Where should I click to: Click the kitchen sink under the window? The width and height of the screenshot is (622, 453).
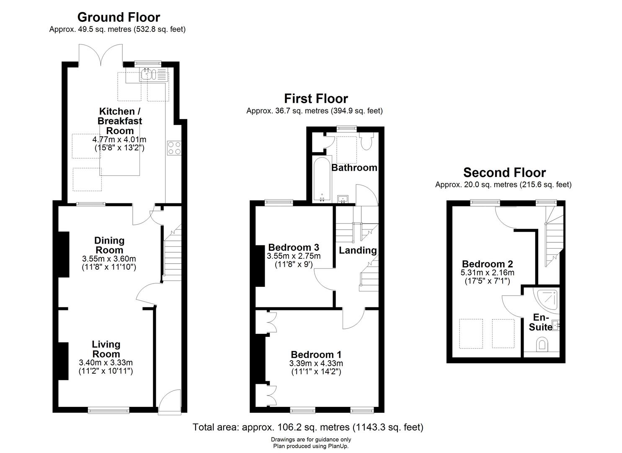(x=154, y=75)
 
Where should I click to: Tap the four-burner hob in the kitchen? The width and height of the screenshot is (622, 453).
(x=174, y=148)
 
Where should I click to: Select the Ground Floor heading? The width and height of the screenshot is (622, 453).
(x=119, y=17)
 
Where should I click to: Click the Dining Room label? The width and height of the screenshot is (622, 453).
(x=109, y=245)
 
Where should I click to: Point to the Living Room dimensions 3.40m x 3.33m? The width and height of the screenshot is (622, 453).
(x=106, y=362)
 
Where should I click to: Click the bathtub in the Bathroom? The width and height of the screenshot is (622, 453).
(x=322, y=179)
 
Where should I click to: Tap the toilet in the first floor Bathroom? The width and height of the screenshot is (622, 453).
(x=367, y=141)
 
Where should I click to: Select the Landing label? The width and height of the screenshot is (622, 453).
(x=358, y=250)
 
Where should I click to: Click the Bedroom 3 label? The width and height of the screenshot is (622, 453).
(x=294, y=247)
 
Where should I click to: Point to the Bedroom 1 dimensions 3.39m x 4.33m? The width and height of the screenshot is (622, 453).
(x=316, y=363)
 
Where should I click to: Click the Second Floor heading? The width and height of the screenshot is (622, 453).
(x=505, y=173)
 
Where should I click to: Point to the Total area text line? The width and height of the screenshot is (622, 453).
(x=308, y=427)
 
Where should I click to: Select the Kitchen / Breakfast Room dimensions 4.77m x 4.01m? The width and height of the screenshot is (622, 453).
(x=119, y=139)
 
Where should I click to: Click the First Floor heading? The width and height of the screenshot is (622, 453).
(x=316, y=99)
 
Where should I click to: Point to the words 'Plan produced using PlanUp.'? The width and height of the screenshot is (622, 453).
(x=311, y=446)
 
